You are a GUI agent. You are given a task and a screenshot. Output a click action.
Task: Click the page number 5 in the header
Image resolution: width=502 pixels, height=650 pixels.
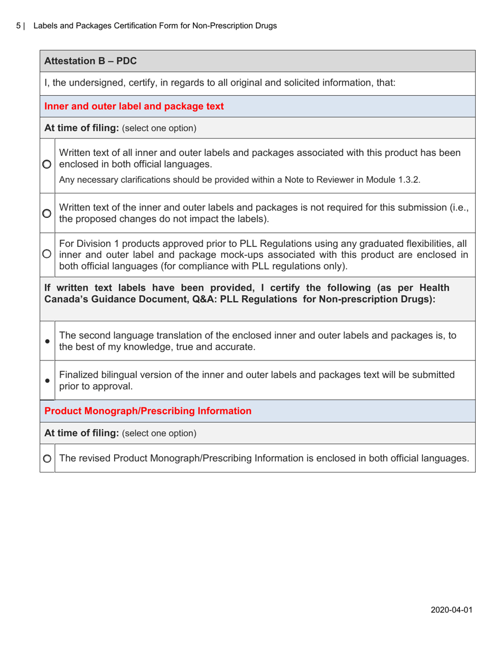18,25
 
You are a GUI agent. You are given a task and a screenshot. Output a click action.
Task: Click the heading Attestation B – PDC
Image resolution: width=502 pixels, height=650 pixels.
91,61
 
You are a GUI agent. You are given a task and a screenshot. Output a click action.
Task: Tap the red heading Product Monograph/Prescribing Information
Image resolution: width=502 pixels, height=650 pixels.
148,411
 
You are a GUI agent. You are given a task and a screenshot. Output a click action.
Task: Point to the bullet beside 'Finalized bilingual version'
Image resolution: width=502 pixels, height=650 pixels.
48,380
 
